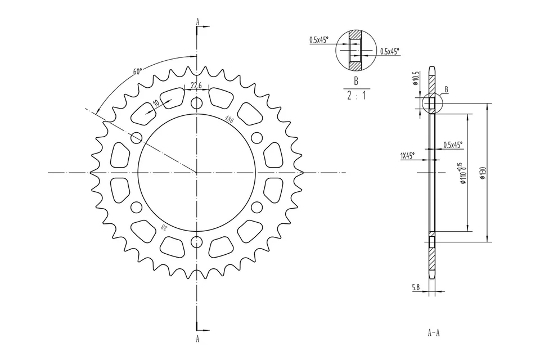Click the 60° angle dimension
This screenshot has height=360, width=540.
click(x=137, y=71)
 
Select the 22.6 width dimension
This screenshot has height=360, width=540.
click(x=196, y=85)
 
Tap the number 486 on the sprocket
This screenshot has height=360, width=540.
click(x=229, y=119)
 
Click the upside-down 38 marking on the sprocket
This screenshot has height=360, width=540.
click(x=164, y=227)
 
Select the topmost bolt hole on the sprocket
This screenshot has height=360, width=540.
click(x=196, y=103)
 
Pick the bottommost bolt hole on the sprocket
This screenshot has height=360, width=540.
click(x=196, y=242)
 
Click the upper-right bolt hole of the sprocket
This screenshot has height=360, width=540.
click(x=256, y=138)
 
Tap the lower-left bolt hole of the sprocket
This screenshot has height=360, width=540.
click(x=136, y=208)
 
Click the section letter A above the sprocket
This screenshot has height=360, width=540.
click(x=197, y=22)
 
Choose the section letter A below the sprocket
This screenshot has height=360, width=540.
click(x=197, y=339)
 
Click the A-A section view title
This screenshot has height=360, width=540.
click(x=433, y=332)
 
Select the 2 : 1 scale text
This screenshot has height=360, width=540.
click(x=356, y=96)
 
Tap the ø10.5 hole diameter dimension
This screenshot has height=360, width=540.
click(x=416, y=79)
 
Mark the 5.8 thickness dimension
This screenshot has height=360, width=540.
click(x=416, y=287)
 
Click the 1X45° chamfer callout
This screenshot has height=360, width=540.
click(x=408, y=155)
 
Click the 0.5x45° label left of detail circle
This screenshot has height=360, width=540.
click(x=318, y=40)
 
